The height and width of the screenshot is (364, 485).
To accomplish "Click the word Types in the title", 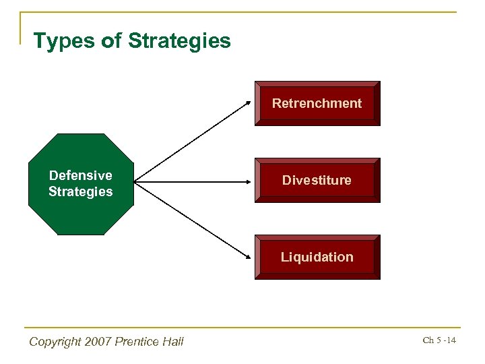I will pyautogui.click(x=62, y=42).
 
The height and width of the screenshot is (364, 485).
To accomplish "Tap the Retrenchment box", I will pyautogui.click(x=317, y=103).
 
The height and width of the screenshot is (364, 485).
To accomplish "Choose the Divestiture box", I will pyautogui.click(x=317, y=180).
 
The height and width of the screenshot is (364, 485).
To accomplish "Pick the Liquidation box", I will pyautogui.click(x=317, y=257).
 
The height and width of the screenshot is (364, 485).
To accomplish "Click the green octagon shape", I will pyautogui.click(x=81, y=216).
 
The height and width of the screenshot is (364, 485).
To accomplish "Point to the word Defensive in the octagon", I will pyautogui.click(x=80, y=175).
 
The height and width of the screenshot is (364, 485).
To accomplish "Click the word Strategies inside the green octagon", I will pyautogui.click(x=80, y=191).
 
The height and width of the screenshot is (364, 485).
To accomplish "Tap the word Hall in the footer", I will pyautogui.click(x=172, y=342).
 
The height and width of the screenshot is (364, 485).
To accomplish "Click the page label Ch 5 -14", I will pyautogui.click(x=439, y=340).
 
